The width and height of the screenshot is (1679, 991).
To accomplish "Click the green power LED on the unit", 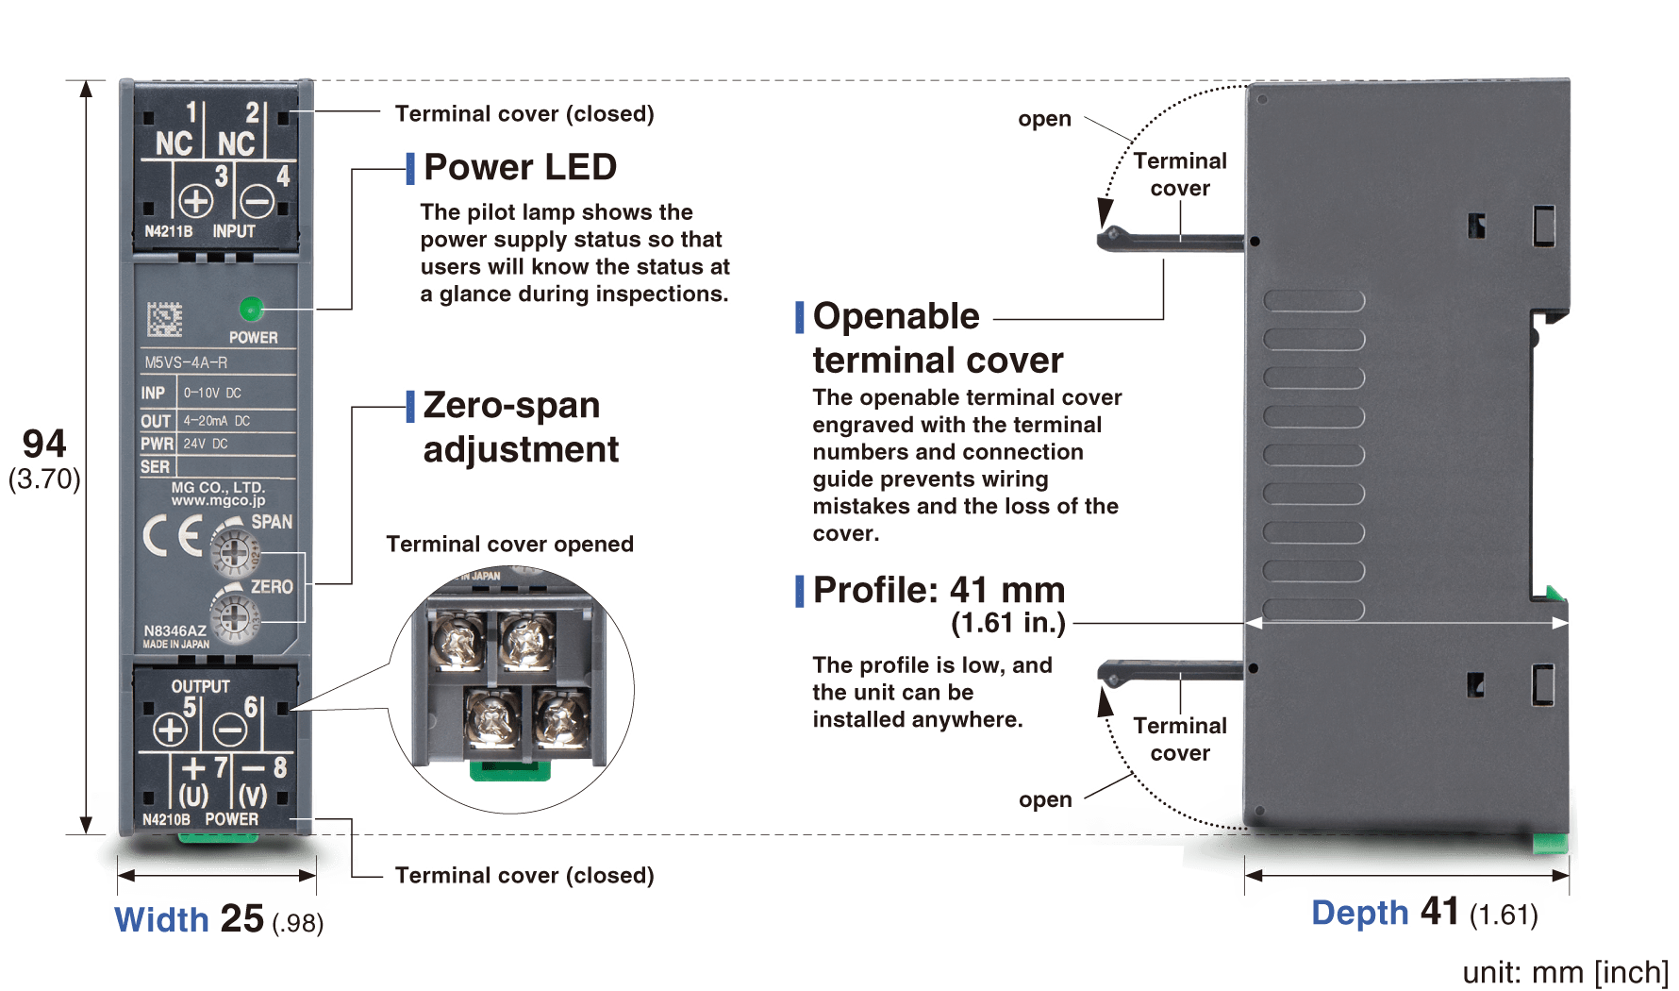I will [252, 308].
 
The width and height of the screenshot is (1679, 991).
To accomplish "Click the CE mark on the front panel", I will [173, 537].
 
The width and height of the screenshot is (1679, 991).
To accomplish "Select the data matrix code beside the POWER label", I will [164, 319].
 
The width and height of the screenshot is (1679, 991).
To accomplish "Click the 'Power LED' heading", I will [520, 167].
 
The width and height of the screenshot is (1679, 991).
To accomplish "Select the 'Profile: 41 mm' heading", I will [939, 591].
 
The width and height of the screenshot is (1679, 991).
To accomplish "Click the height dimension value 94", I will [44, 444].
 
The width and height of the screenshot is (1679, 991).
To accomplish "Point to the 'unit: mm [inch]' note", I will [1565, 972].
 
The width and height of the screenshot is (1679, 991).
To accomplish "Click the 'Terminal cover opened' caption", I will [509, 545].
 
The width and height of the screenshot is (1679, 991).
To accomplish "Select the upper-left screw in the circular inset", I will [457, 641].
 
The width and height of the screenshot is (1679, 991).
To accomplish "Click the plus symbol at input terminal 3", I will [196, 201].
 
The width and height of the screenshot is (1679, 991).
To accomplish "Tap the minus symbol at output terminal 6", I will [230, 730].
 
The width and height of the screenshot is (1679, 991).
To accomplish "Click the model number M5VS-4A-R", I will [186, 362].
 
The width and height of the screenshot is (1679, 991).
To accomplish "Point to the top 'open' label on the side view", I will [1044, 119].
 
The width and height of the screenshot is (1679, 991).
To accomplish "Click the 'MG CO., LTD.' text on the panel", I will [218, 487].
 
